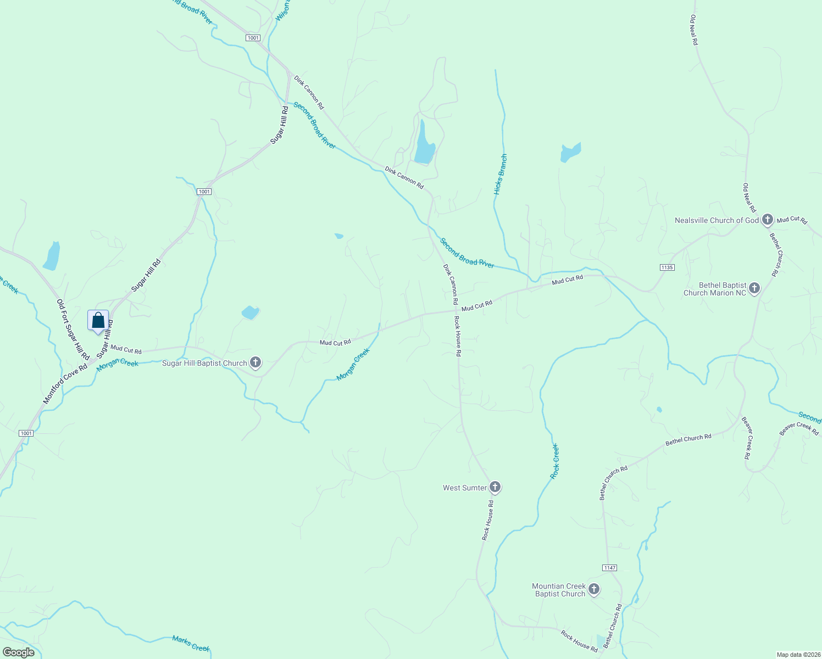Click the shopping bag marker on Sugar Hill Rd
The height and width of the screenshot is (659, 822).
tap(98, 320)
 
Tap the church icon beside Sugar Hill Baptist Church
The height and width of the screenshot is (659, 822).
tap(256, 362)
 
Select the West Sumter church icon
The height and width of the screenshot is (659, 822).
tap(495, 487)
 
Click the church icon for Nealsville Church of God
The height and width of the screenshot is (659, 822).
tap(768, 220)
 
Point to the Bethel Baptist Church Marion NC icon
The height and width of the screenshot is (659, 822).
tap(754, 288)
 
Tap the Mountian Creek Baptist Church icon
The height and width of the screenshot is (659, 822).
tap(593, 589)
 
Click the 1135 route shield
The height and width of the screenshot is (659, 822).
tap(667, 267)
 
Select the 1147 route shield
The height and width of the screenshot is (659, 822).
tap(609, 567)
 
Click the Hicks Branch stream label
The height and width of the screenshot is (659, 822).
tap(500, 175)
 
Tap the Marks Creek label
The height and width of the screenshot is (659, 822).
tap(191, 643)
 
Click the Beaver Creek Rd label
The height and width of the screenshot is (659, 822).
tap(799, 429)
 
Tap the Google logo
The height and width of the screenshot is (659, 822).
tap(18, 652)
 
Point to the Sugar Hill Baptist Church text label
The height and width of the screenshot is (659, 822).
tap(204, 363)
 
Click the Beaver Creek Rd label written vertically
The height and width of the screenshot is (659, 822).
tap(747, 438)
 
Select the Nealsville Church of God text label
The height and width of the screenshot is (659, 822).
tap(717, 220)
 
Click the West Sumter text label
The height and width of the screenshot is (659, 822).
tap(465, 488)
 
